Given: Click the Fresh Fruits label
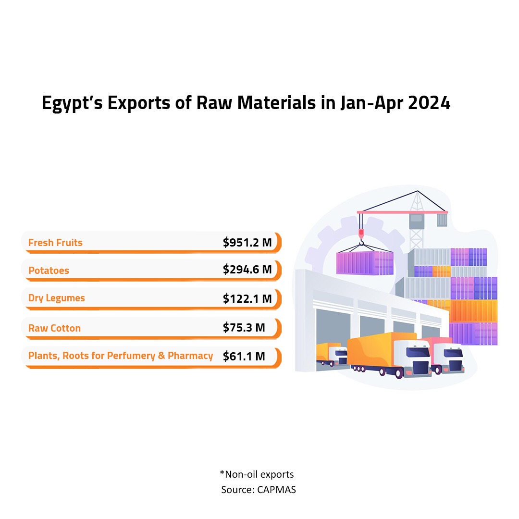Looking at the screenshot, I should point(55,243).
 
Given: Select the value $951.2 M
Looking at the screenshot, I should point(247,243).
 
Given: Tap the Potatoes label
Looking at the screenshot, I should point(49,271).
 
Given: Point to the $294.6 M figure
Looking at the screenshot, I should point(247,270).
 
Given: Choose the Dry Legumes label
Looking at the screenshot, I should point(56,298).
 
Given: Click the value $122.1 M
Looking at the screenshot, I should point(247,298).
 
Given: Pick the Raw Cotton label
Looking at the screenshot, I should point(54,328).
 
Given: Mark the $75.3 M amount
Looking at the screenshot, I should point(244,328).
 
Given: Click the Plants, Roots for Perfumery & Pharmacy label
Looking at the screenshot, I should point(121,356).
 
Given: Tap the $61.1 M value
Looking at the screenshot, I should point(244,356).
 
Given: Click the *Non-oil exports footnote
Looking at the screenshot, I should point(257,474).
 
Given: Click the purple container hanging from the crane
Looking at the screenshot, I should point(364,263).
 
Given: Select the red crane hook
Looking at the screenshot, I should point(361,235).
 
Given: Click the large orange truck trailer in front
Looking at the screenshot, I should point(375,351).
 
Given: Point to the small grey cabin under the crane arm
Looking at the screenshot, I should point(416,221).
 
